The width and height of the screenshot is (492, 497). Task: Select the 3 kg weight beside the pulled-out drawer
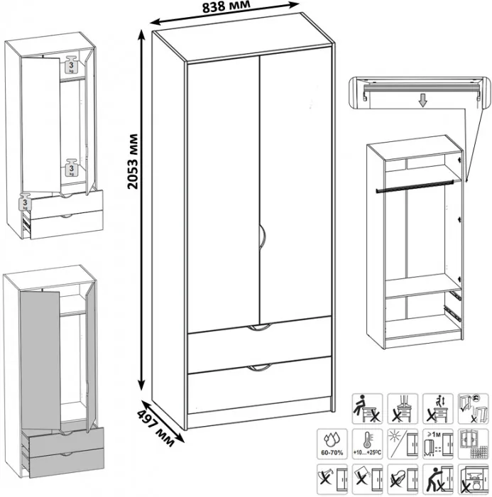point(26,202)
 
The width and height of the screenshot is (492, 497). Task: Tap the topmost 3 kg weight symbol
point(71,64)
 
